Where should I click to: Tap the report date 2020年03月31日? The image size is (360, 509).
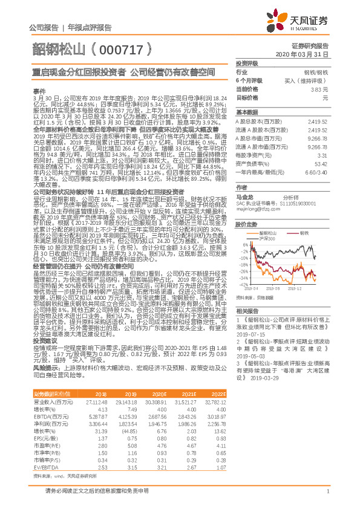310,54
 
